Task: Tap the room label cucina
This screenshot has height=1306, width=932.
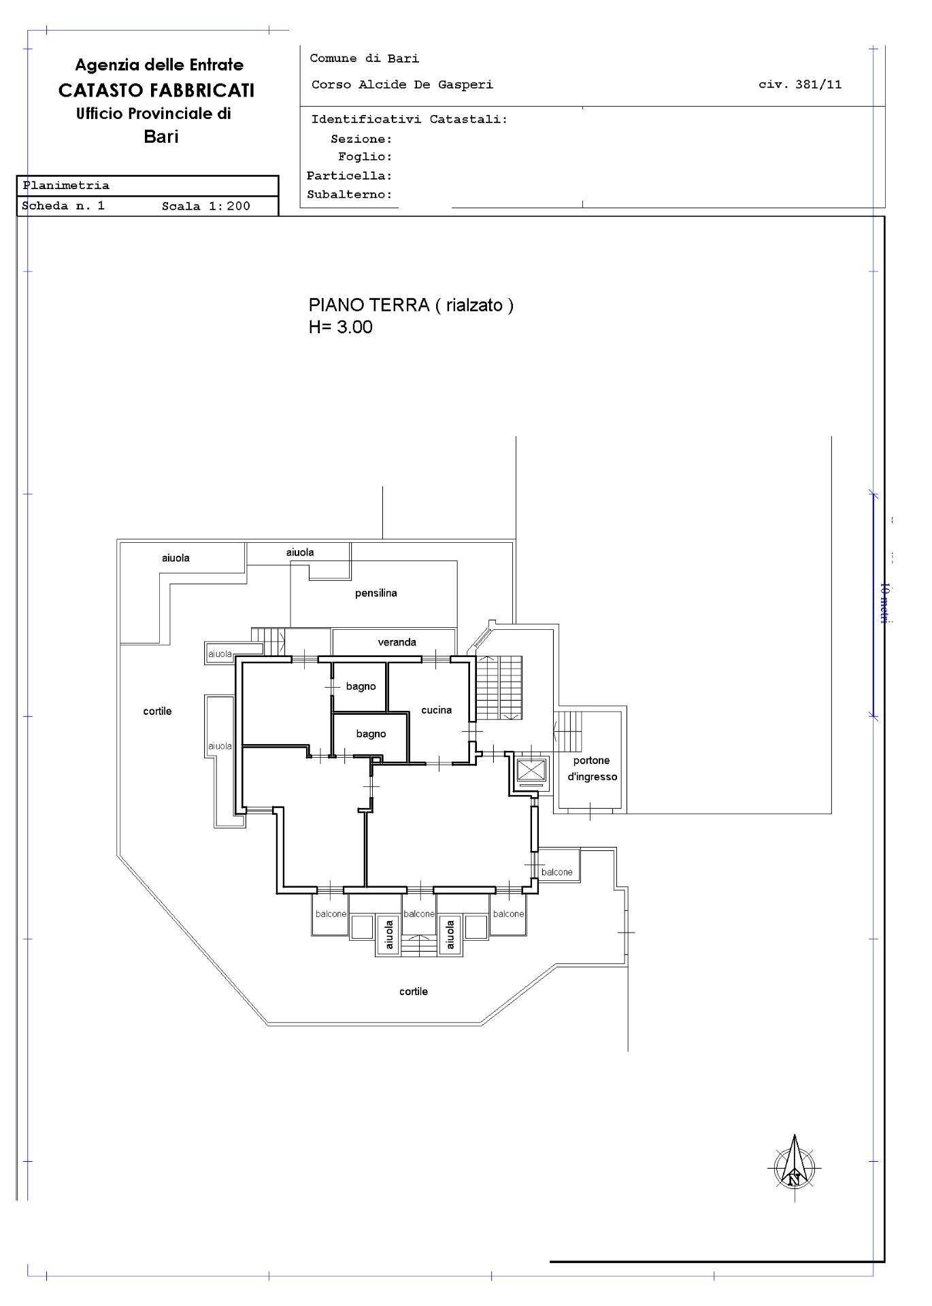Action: point(436,710)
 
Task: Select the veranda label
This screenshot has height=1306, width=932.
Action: point(397,642)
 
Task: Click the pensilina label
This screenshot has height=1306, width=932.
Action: point(376,593)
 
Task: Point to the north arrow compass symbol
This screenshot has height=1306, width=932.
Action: point(794,1167)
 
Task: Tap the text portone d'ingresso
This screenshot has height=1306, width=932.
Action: point(592,769)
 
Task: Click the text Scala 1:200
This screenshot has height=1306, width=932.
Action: point(205,206)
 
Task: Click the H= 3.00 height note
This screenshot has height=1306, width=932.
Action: point(340,327)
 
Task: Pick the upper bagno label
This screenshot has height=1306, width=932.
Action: point(361,686)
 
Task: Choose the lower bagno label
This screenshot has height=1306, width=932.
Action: point(371,734)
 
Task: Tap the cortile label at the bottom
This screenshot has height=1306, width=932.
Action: point(414,992)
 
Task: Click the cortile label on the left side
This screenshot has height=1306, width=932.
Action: point(157,711)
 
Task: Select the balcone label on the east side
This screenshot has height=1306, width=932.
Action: point(557,873)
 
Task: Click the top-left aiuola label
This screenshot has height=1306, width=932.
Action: point(176,558)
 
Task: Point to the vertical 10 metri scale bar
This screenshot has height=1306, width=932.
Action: point(873,604)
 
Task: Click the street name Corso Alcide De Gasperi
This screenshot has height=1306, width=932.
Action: point(402,85)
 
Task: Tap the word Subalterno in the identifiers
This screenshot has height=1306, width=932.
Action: point(349,195)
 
